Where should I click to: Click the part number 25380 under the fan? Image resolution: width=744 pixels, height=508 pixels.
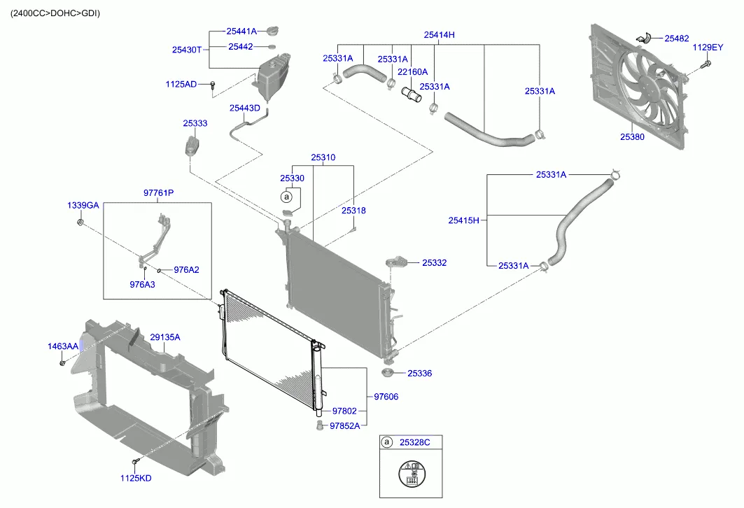pos(631,138)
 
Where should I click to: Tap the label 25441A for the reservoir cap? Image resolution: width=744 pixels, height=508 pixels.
pos(241,31)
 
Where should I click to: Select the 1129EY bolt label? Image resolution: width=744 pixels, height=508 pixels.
pos(707,48)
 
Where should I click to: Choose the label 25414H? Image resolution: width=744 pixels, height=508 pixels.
pos(439,34)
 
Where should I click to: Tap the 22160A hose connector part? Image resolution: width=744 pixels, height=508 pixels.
pos(409,94)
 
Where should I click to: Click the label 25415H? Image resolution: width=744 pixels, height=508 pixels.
pos(463,220)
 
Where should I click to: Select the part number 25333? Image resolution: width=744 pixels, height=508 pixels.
pos(195,123)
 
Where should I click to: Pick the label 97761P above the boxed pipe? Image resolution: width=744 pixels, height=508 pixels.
pos(158,192)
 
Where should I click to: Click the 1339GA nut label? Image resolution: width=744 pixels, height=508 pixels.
pos(83,206)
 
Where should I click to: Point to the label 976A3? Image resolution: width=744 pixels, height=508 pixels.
pos(142,284)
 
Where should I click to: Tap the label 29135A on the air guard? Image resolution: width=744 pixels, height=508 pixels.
pos(164,337)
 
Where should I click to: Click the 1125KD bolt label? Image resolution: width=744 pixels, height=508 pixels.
pos(135,479)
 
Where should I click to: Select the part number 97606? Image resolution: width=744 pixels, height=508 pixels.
pos(386,397)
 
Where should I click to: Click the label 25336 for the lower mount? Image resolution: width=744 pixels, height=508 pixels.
pos(419,374)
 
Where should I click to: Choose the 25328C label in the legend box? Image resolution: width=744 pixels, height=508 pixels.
pos(415,442)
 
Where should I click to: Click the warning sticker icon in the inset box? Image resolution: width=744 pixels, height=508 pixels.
pos(412,474)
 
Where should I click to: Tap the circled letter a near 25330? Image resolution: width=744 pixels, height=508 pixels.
pos(286,197)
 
